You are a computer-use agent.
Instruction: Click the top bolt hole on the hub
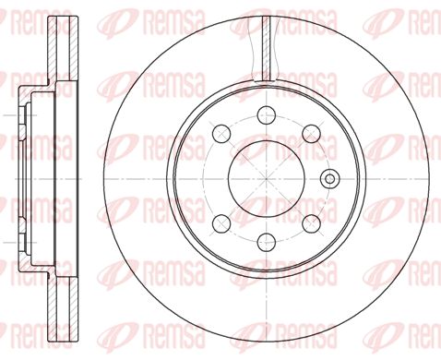(266, 114)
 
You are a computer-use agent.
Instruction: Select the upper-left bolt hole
(221, 134)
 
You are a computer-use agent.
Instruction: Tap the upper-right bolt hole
(311, 134)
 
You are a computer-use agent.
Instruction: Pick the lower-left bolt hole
(221, 223)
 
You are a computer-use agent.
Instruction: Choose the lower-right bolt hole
(311, 223)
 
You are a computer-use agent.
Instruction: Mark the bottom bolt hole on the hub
(266, 242)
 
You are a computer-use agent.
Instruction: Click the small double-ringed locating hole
(330, 179)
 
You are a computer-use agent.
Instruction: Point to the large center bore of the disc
(267, 179)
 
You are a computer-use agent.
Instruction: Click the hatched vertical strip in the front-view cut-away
(267, 48)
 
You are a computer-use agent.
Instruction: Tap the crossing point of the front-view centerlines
(267, 179)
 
